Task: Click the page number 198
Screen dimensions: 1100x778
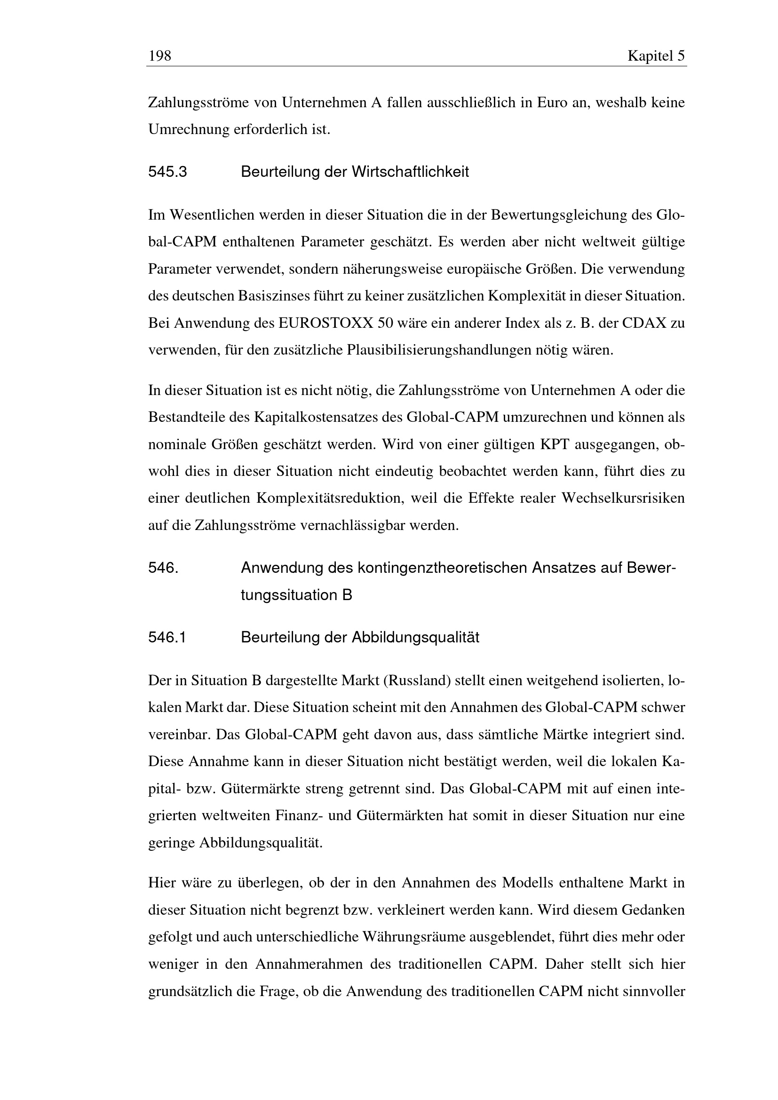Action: [x=159, y=56]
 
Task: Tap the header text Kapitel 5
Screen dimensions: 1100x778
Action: [x=656, y=56]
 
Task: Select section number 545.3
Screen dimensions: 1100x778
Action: [x=167, y=172]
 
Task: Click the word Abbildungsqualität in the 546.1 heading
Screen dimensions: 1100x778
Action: [x=415, y=637]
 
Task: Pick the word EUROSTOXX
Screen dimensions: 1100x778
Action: [x=325, y=323]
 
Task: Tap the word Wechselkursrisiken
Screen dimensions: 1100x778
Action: [x=623, y=498]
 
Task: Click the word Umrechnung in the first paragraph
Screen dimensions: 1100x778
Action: [x=189, y=129]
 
